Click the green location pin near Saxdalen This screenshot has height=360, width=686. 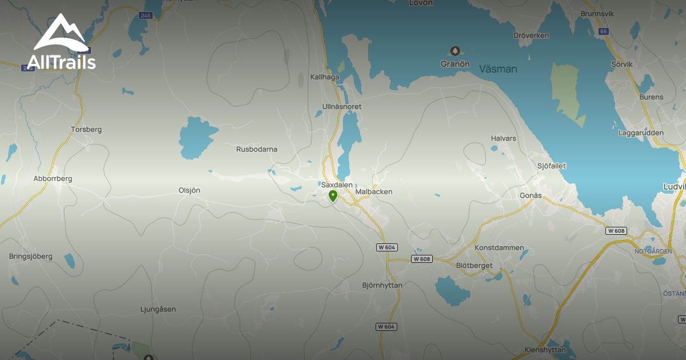click(x=333, y=197)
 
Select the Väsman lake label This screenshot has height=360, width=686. click(x=498, y=69)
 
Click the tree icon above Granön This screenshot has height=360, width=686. click(x=455, y=51)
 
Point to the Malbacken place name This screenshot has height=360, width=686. click(x=374, y=192)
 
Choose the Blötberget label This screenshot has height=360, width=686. click(x=474, y=265)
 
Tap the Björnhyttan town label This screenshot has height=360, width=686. click(x=382, y=285)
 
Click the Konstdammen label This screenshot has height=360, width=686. click(x=499, y=248)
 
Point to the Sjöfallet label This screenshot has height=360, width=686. click(x=552, y=166)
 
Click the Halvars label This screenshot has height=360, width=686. click(x=503, y=138)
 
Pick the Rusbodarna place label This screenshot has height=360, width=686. click(x=257, y=149)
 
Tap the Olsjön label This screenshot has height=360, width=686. click(x=189, y=190)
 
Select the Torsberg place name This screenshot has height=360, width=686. click(x=86, y=129)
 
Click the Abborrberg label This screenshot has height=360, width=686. click(x=53, y=178)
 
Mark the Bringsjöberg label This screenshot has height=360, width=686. click(x=31, y=257)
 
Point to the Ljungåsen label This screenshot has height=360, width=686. click(x=158, y=309)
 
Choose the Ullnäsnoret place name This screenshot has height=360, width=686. click(x=342, y=107)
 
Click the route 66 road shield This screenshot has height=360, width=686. click(x=603, y=31)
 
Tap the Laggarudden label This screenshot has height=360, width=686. click(x=641, y=133)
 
